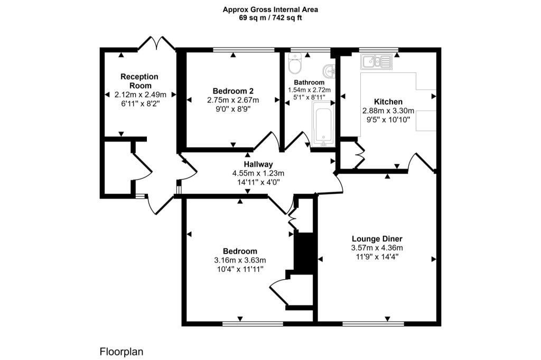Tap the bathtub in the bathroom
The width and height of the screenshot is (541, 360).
[x=323, y=124]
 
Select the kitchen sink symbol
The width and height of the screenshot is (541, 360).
[x=376, y=62]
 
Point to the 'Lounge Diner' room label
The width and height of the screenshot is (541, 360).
[x=377, y=239]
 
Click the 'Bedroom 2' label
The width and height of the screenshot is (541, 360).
[x=233, y=91]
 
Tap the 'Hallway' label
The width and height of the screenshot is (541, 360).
[x=258, y=165]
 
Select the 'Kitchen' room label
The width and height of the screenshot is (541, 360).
[x=388, y=102]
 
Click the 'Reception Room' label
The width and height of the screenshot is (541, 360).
[x=139, y=81]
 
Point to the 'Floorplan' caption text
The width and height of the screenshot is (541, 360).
[x=122, y=352]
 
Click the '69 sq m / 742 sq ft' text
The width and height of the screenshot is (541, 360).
[x=270, y=18]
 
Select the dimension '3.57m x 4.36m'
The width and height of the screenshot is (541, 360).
[x=377, y=248]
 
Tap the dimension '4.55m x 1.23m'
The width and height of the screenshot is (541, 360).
[x=258, y=174]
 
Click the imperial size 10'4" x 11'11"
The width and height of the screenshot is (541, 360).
[x=240, y=269]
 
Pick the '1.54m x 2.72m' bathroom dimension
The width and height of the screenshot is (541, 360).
[x=309, y=90]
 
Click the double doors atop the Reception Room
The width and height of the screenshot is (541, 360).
[x=156, y=43]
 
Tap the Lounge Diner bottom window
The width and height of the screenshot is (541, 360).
[x=373, y=324]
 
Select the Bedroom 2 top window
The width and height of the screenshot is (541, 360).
[x=244, y=50]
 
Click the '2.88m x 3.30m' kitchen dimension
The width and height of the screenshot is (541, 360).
[x=388, y=111]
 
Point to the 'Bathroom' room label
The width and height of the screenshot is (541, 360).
[x=309, y=82]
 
